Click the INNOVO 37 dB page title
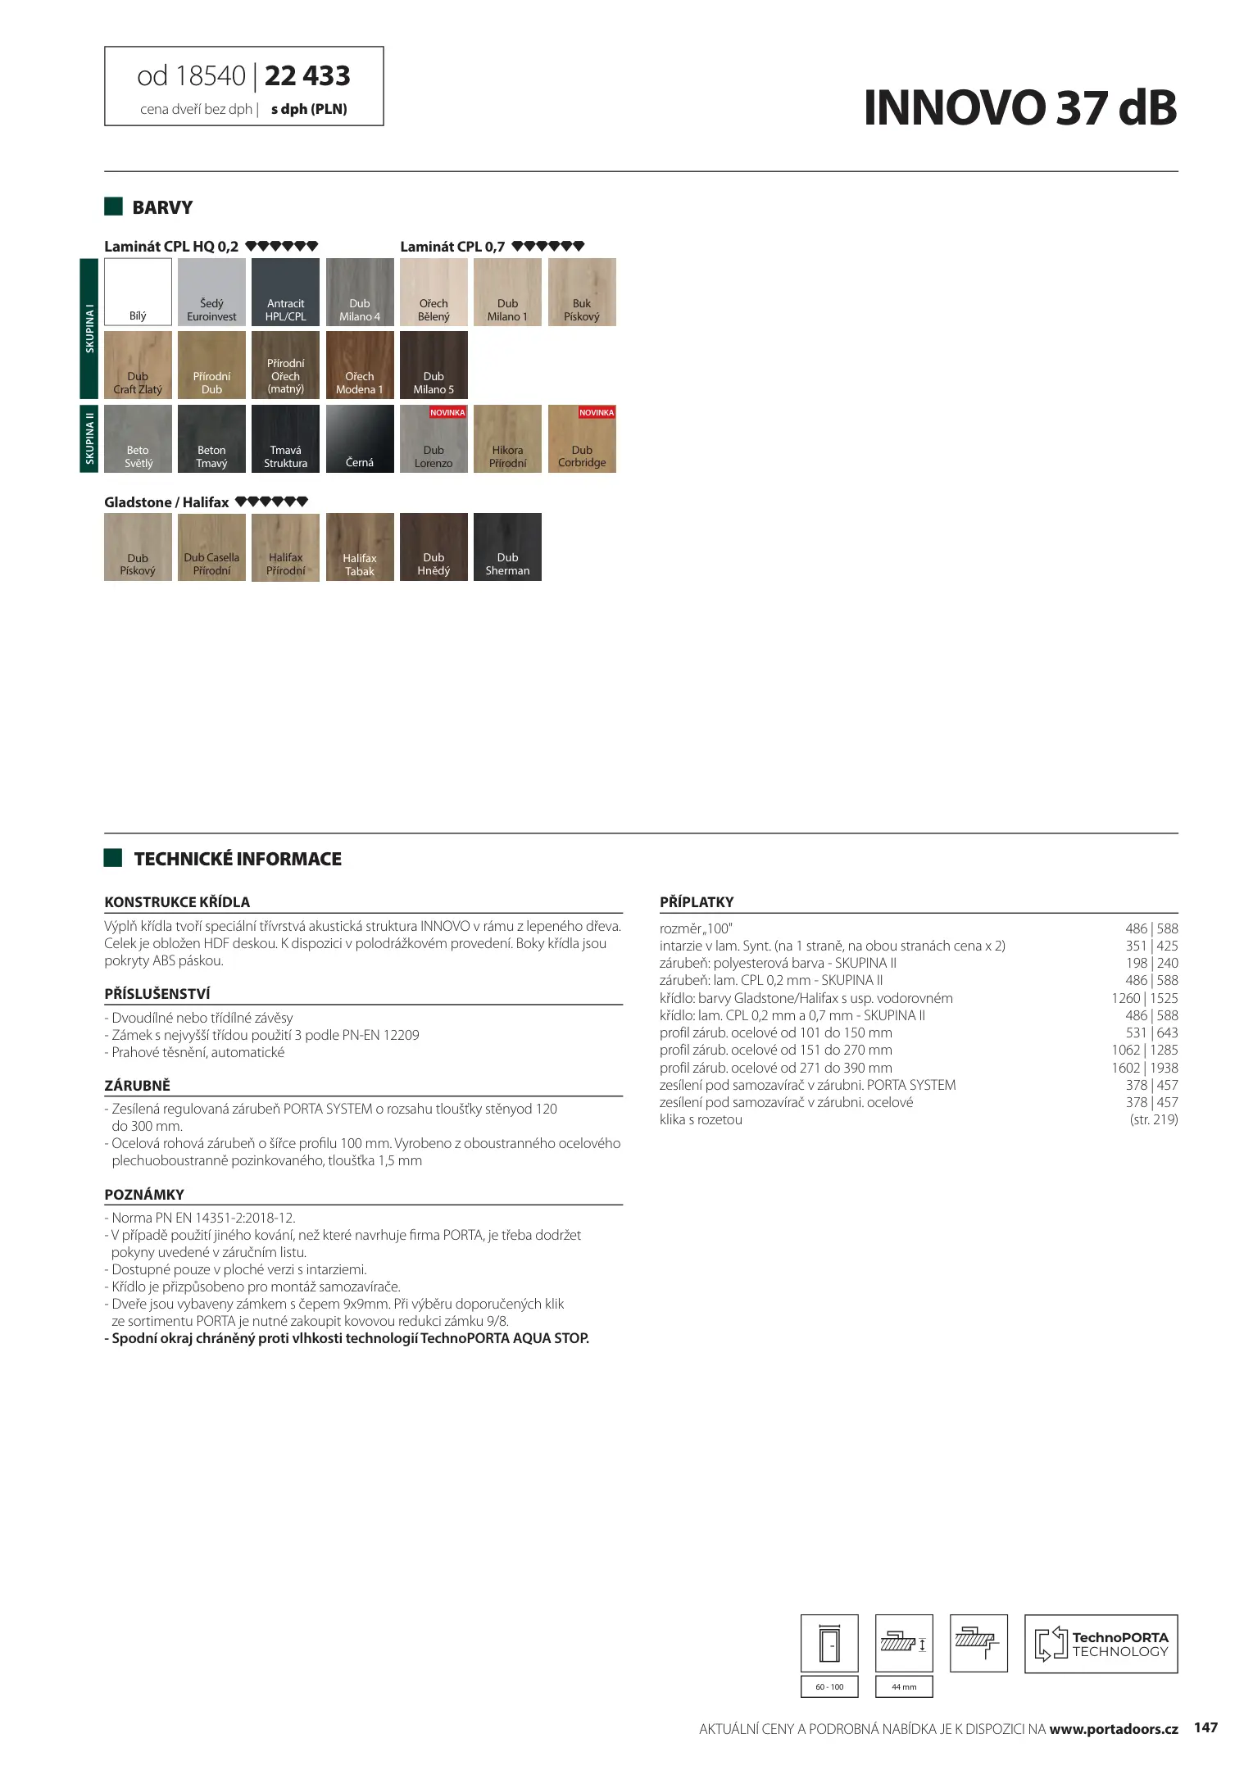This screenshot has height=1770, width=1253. [1019, 108]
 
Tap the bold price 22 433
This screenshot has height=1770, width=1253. [307, 76]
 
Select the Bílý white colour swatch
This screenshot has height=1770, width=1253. [138, 292]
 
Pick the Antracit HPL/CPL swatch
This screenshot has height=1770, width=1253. [285, 292]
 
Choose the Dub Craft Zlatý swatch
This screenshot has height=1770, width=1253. [138, 365]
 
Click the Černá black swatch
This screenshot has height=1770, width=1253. [360, 438]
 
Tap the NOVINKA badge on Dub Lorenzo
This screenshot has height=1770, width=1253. [447, 412]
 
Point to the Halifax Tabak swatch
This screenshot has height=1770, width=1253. [360, 547]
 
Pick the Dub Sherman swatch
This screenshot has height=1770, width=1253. [507, 547]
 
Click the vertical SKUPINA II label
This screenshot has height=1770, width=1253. [89, 438]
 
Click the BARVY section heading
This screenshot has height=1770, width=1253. [162, 207]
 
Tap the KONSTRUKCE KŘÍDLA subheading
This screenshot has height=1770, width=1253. [177, 902]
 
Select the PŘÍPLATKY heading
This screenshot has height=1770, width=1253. [697, 902]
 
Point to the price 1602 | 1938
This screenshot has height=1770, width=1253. [1144, 1068]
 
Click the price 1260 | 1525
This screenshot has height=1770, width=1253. [1144, 998]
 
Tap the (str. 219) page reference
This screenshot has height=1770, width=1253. [1153, 1119]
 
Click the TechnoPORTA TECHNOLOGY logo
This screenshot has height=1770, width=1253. [1101, 1643]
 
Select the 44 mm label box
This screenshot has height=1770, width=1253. [904, 1686]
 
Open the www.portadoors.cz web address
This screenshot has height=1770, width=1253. [1113, 1729]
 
